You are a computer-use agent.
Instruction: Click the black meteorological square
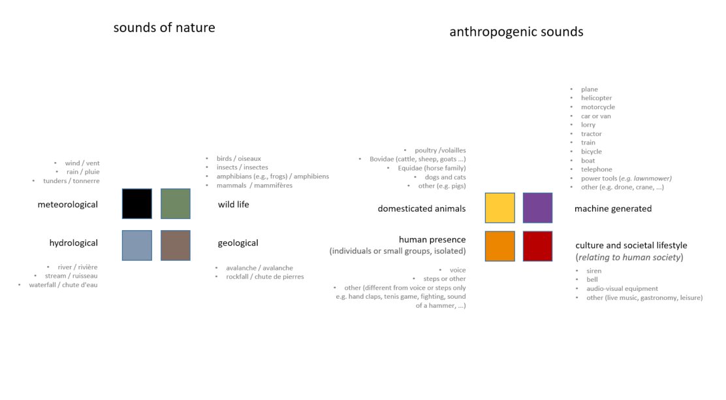tap(137, 203)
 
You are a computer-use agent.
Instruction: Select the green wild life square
tap(176, 203)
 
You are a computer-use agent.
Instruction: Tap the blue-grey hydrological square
tap(137, 245)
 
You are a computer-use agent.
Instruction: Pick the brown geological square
tap(176, 245)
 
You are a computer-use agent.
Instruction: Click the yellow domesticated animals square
tap(500, 208)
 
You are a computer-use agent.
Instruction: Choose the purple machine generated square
tap(537, 208)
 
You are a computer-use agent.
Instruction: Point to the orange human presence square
tap(500, 246)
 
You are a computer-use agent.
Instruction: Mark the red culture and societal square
tap(537, 246)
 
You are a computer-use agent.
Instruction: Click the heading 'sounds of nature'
tap(165, 28)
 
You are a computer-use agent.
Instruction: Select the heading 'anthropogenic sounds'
tap(516, 32)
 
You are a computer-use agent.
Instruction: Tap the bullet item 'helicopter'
tap(596, 98)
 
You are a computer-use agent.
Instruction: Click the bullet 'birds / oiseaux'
tap(239, 159)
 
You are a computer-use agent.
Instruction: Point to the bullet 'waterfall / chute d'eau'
tap(63, 284)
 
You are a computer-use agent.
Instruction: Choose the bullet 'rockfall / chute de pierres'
tap(265, 276)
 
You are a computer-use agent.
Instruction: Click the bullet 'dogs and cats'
tap(445, 177)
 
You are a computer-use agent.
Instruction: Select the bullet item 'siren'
tap(594, 271)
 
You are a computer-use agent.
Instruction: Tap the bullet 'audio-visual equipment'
tap(622, 288)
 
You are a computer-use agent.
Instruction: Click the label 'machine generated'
tap(613, 208)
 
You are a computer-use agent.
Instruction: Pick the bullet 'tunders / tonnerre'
tap(71, 181)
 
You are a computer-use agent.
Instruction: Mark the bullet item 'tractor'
tap(592, 133)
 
